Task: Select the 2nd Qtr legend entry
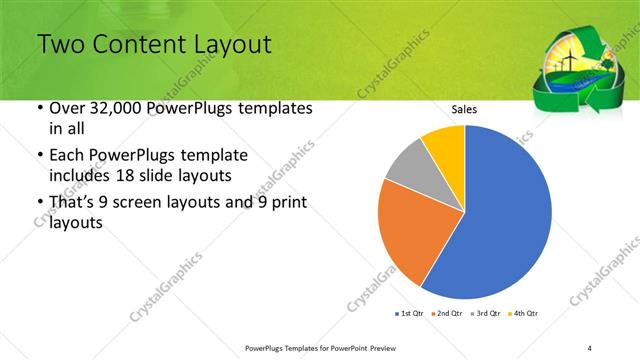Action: point(447,314)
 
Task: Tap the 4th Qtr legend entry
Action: point(526,314)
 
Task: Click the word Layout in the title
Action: point(227,45)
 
